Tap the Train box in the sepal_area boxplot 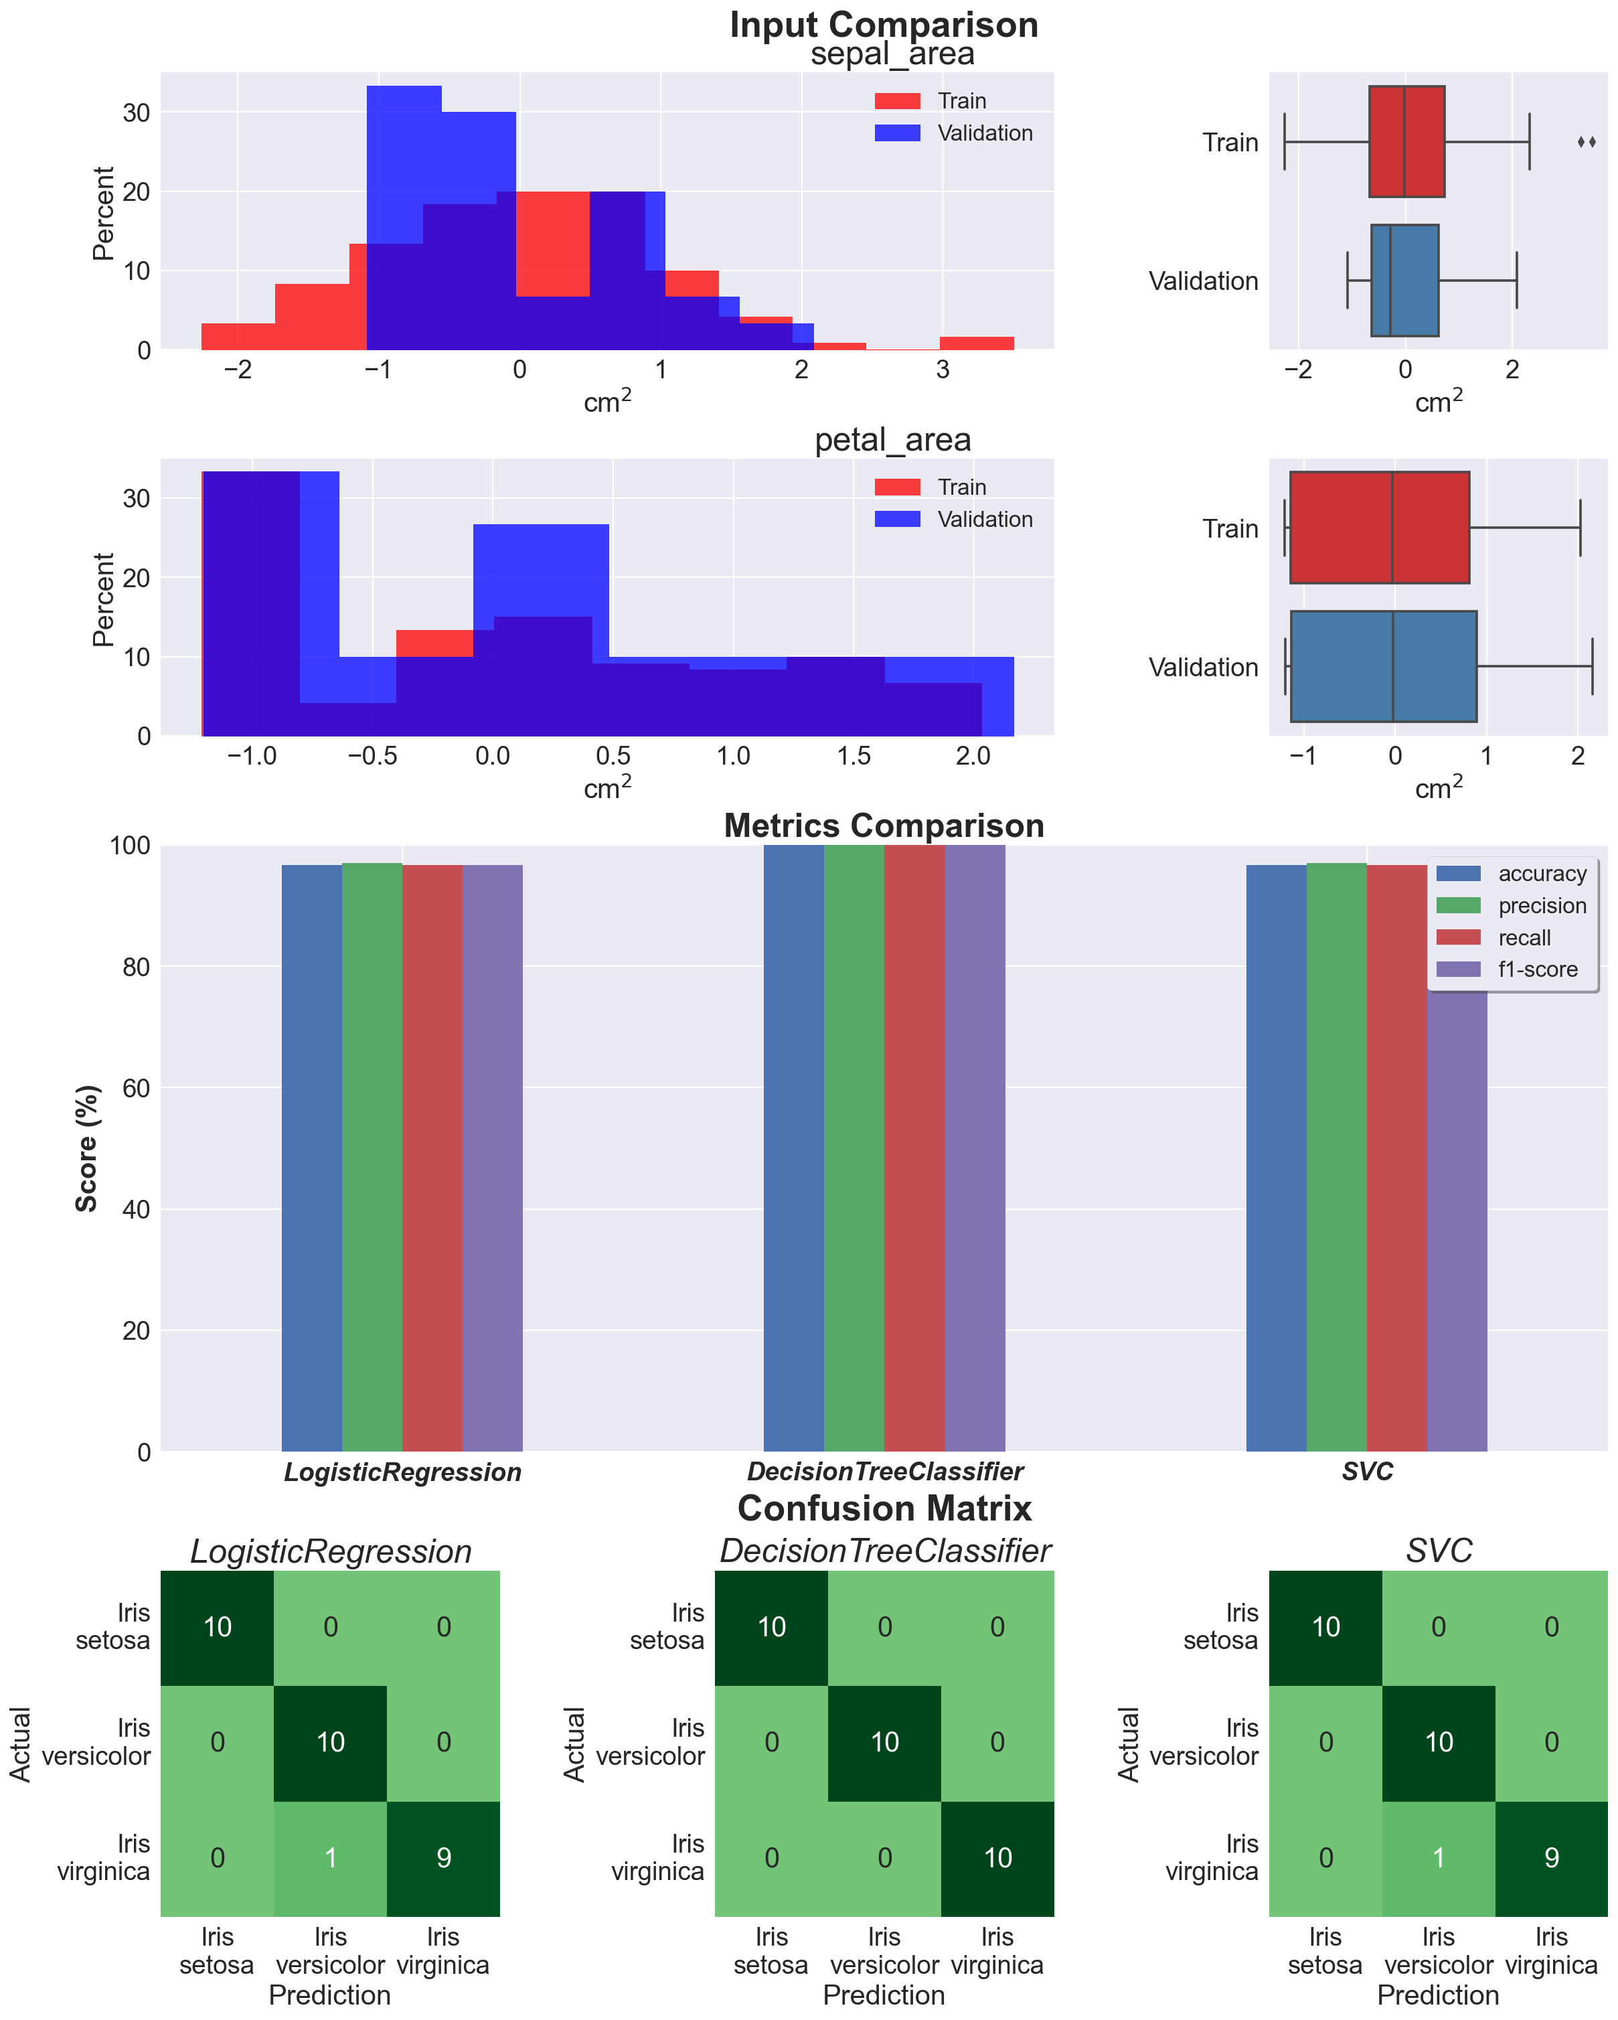(1405, 141)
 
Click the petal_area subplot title (892, 439)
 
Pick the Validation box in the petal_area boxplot (1383, 666)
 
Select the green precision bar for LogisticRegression (372, 1157)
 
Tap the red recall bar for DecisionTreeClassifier (914, 1148)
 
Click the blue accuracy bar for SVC (1275, 1157)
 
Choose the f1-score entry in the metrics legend (1536, 969)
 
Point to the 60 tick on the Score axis (137, 1088)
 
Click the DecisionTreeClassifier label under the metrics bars (884, 1472)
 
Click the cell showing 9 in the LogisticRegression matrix (443, 1858)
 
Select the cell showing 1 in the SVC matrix (1438, 1858)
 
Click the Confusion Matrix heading (884, 1508)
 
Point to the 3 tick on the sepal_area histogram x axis (943, 370)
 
